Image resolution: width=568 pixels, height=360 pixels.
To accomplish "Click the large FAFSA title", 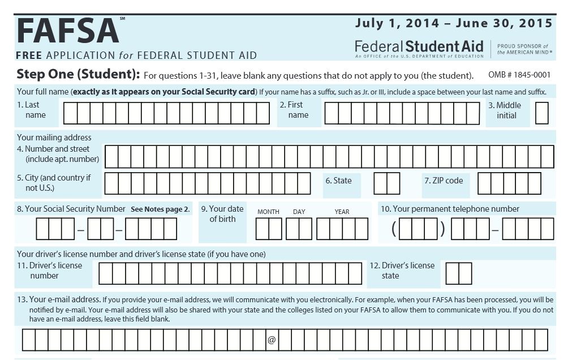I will [x=68, y=31].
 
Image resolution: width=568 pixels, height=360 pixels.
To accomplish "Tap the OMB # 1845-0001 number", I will [x=518, y=75].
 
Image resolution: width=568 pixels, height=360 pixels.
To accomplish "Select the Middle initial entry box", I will [x=541, y=113].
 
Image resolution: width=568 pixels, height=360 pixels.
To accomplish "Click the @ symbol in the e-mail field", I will [x=271, y=340].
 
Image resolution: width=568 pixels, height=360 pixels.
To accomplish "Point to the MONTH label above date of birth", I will [x=268, y=212].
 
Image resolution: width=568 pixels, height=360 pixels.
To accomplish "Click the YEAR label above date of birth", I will [x=342, y=212].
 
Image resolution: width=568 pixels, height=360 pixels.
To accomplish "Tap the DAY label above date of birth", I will [x=299, y=212].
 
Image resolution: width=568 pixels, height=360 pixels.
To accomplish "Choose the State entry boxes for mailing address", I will [x=387, y=183].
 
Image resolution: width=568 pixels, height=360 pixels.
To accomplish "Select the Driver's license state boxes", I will [x=458, y=273].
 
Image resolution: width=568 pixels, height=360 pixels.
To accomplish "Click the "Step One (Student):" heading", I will [x=78, y=74].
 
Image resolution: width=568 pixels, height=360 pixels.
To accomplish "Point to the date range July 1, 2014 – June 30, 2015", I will [x=453, y=23].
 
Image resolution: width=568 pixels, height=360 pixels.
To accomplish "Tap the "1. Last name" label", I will [x=32, y=110].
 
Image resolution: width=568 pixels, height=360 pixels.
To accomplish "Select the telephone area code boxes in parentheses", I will [x=423, y=229].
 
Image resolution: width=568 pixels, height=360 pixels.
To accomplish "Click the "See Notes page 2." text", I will [x=160, y=209].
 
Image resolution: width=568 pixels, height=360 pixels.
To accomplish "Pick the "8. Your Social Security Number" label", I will [x=71, y=209].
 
